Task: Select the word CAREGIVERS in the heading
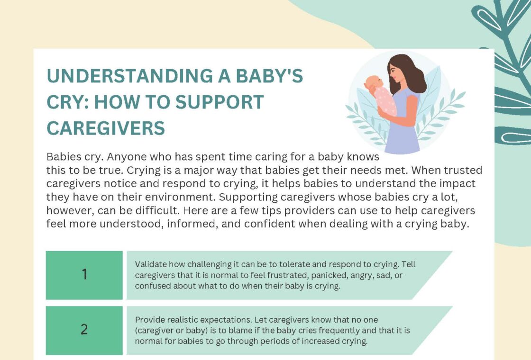point(106,128)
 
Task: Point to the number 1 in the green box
point(84,275)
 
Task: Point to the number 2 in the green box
point(84,330)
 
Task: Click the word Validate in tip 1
point(150,264)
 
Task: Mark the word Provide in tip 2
point(149,320)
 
